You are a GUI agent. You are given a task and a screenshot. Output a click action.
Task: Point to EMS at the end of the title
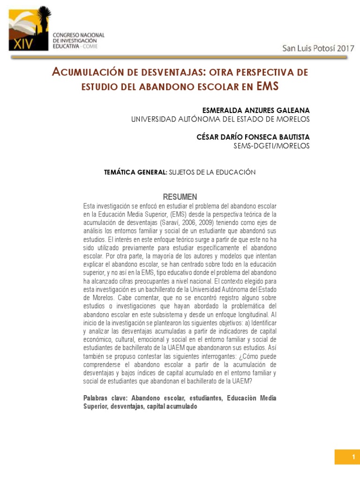(267, 86)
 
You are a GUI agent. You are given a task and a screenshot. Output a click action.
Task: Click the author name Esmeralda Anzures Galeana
(256, 110)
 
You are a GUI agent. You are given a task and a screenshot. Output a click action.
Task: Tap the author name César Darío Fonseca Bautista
(253, 137)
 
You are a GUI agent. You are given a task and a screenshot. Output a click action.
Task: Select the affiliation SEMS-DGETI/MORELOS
(271, 146)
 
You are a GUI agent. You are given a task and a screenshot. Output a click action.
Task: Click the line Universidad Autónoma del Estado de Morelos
(220, 119)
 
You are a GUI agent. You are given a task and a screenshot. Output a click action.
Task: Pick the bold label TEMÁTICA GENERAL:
(135, 172)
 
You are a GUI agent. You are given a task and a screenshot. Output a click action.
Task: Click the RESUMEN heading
(180, 197)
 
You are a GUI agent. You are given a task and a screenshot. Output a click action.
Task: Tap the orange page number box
(347, 457)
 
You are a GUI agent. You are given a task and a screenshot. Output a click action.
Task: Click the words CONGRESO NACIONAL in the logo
(78, 35)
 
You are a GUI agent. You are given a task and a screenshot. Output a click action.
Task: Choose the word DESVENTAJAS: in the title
(167, 73)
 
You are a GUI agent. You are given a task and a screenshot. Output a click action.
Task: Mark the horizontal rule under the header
(179, 58)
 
